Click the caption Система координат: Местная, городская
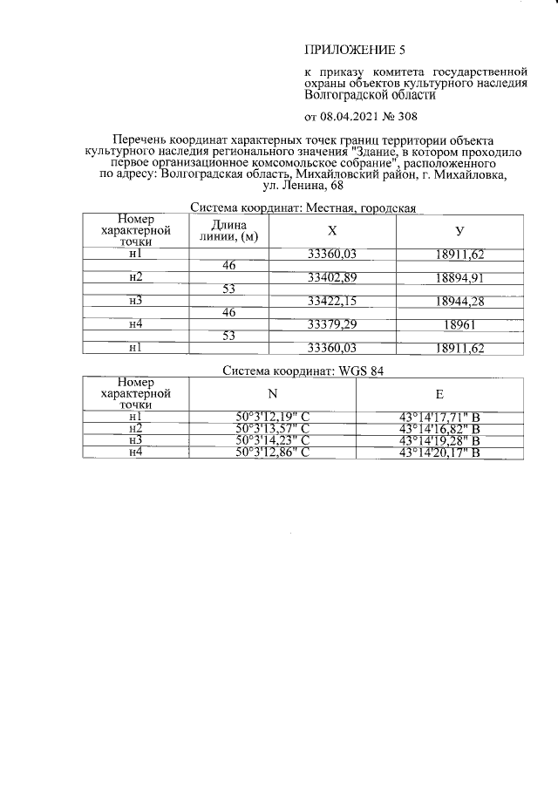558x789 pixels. (303, 207)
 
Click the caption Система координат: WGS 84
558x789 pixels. (303, 370)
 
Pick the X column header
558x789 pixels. (332, 231)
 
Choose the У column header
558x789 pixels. (459, 231)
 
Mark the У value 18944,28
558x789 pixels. (459, 301)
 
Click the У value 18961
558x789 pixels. (459, 324)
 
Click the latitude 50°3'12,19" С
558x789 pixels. (273, 417)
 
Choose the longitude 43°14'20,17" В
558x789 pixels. (439, 452)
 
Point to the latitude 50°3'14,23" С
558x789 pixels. (273, 440)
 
